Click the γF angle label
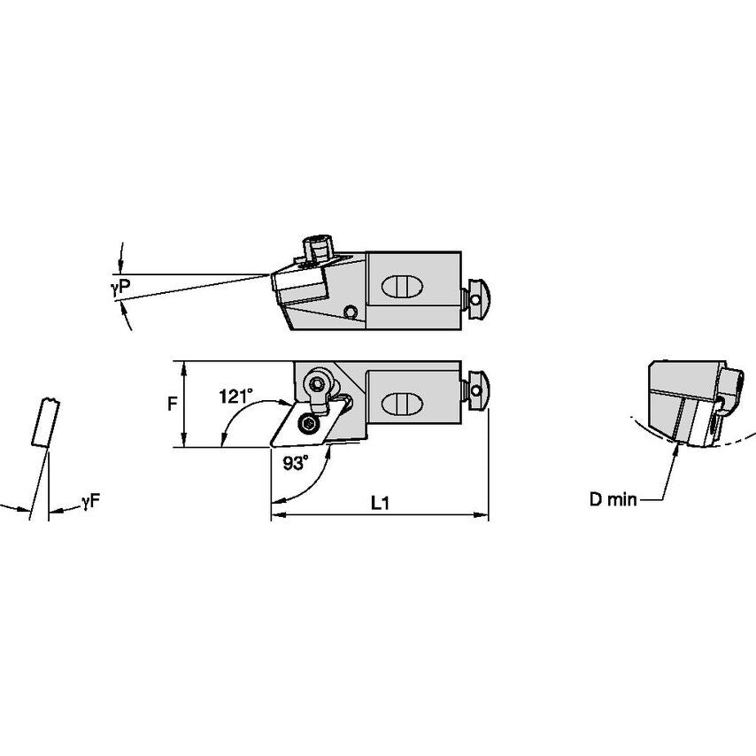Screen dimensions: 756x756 point(90,502)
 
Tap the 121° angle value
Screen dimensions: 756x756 point(235,397)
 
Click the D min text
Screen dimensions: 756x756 point(613,500)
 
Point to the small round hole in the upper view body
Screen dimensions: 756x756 point(351,312)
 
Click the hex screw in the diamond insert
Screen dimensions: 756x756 point(308,424)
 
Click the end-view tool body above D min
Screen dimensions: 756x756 point(686,398)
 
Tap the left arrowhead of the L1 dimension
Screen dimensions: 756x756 point(275,514)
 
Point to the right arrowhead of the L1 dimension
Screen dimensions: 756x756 point(483,514)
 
